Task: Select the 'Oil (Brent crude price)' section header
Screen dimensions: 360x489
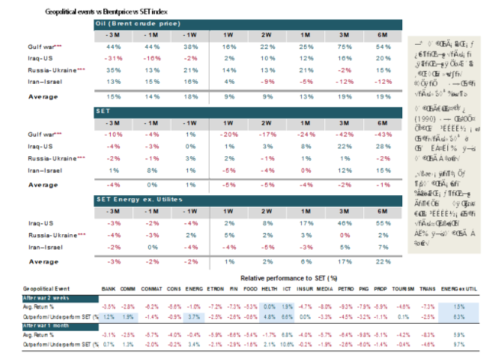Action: tap(134, 24)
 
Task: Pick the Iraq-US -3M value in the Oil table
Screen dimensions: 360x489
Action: tap(115, 58)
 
